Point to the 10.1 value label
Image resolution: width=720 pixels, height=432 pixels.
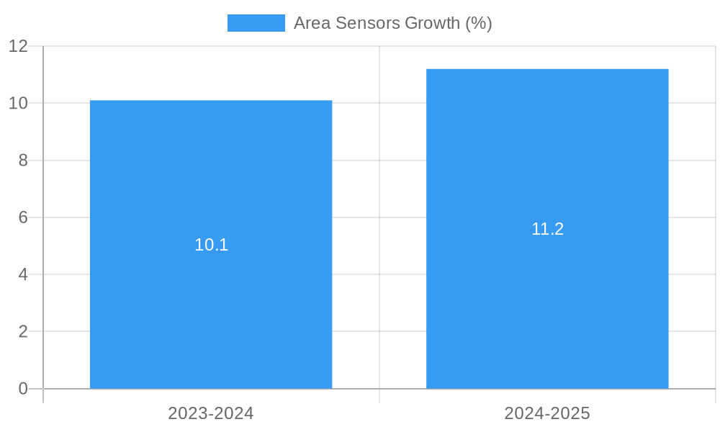211,245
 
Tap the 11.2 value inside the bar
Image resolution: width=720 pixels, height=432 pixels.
547,229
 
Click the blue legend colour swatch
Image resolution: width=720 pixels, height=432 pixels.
256,23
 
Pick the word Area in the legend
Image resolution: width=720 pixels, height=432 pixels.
310,23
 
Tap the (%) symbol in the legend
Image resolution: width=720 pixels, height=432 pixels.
478,23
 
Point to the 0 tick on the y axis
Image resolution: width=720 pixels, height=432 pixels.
23,389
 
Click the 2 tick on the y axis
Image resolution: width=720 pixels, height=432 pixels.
23,332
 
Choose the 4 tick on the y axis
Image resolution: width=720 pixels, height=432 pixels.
23,274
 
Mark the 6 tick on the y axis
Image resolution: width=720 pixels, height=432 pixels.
23,217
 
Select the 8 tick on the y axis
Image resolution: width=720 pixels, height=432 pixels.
23,161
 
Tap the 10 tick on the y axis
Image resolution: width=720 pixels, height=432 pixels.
19,103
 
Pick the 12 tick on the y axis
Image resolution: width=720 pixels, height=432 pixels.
19,46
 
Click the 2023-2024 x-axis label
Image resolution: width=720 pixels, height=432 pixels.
211,413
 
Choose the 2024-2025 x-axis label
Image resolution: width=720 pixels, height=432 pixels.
547,413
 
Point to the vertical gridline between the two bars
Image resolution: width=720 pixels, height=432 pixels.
379,216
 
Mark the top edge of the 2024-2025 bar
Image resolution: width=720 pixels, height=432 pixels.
547,69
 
